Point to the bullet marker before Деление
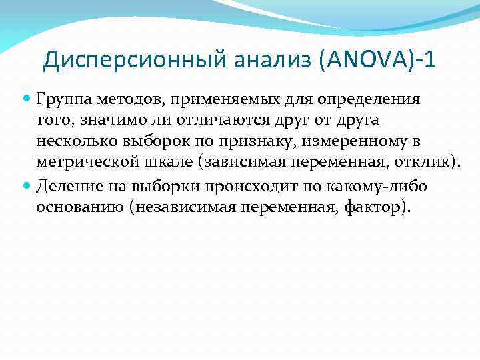pos(28,185)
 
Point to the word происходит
pos(255,185)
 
